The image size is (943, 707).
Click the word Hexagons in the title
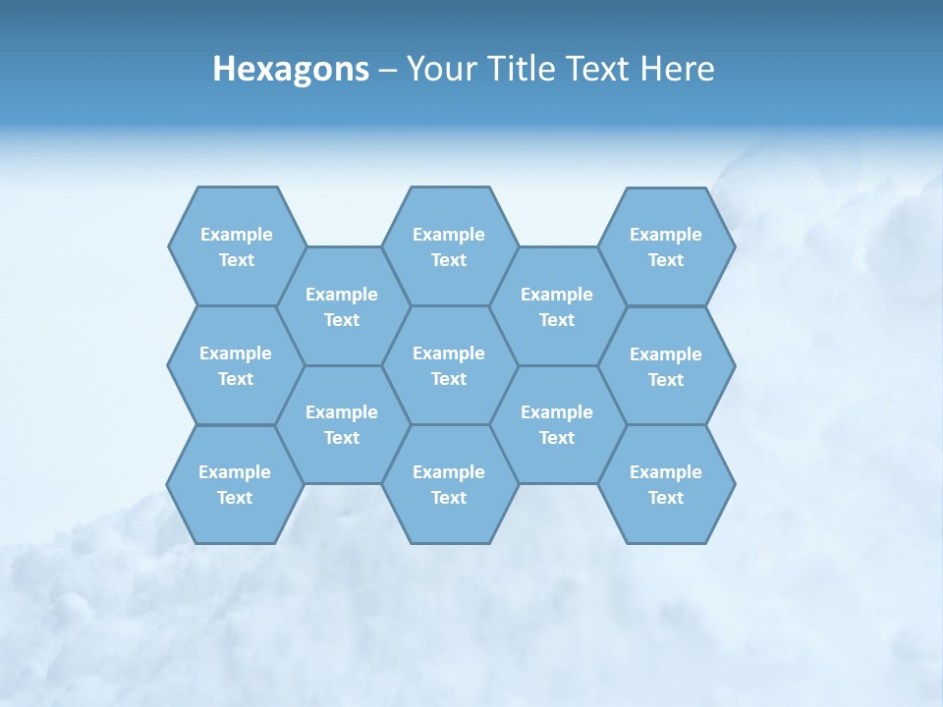pyautogui.click(x=291, y=69)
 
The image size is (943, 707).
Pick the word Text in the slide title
pyautogui.click(x=598, y=69)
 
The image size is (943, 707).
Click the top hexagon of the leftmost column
pyautogui.click(x=236, y=246)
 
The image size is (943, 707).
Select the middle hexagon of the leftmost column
pyautogui.click(x=236, y=365)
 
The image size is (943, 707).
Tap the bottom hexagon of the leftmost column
pyautogui.click(x=235, y=484)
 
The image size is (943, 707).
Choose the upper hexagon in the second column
pyautogui.click(x=342, y=306)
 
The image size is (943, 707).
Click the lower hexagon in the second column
pyautogui.click(x=342, y=424)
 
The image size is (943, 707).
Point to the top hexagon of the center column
pyautogui.click(x=449, y=246)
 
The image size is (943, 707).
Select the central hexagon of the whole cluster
pyautogui.click(x=449, y=365)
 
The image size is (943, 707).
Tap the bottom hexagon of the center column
pyautogui.click(x=449, y=484)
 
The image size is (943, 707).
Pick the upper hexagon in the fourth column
pyautogui.click(x=557, y=306)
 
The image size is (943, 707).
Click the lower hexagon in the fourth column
pyautogui.click(x=557, y=424)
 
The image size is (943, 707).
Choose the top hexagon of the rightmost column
pyautogui.click(x=666, y=246)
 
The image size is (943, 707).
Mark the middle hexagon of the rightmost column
pyautogui.click(x=666, y=366)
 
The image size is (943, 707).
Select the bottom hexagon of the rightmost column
pyautogui.click(x=666, y=484)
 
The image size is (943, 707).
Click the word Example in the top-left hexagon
pyautogui.click(x=236, y=235)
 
